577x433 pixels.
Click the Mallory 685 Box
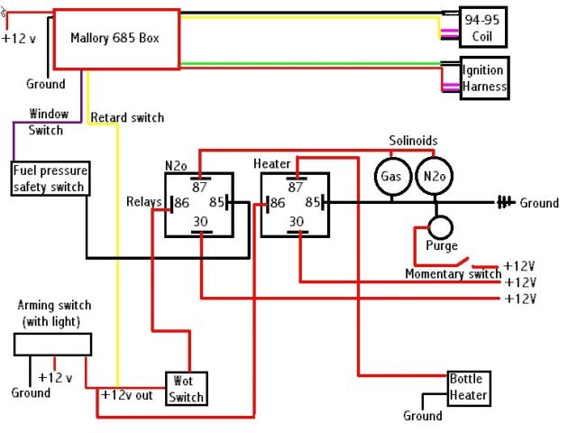coord(115,39)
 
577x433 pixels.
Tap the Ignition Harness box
coord(484,78)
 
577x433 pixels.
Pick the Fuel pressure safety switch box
coord(49,179)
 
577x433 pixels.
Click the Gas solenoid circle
coord(389,176)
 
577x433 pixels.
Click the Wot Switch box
coord(186,387)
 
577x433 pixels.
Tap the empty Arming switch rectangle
coord(52,344)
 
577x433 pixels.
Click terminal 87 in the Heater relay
coord(295,186)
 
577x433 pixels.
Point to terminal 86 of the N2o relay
coord(180,203)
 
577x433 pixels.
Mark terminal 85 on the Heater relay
coord(316,204)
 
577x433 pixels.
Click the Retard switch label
coord(127,117)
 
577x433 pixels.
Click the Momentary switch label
coord(453,273)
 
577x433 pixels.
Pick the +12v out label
coord(127,395)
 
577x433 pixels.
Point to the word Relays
coord(143,201)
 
